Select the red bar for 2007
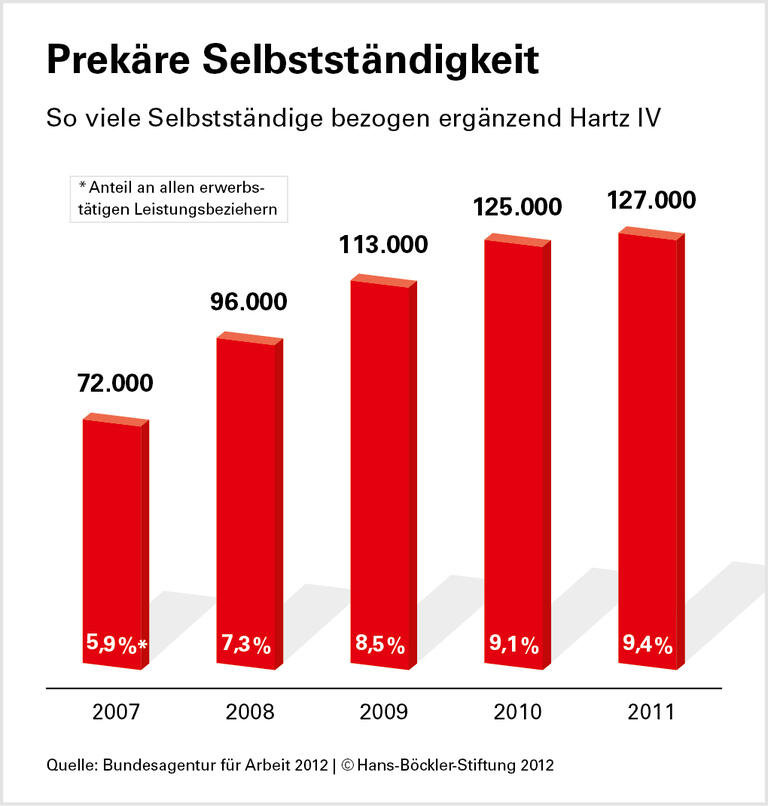click(x=113, y=540)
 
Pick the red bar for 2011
click(x=648, y=450)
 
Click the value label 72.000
click(x=116, y=383)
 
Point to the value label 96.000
click(x=247, y=301)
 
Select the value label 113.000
click(x=381, y=245)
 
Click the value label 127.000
click(x=651, y=201)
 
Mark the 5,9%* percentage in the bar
click(x=114, y=645)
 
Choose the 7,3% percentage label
click(x=246, y=645)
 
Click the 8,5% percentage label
click(x=380, y=645)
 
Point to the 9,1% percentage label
click(x=514, y=645)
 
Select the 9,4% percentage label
click(x=648, y=645)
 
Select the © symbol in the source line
click(x=348, y=765)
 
